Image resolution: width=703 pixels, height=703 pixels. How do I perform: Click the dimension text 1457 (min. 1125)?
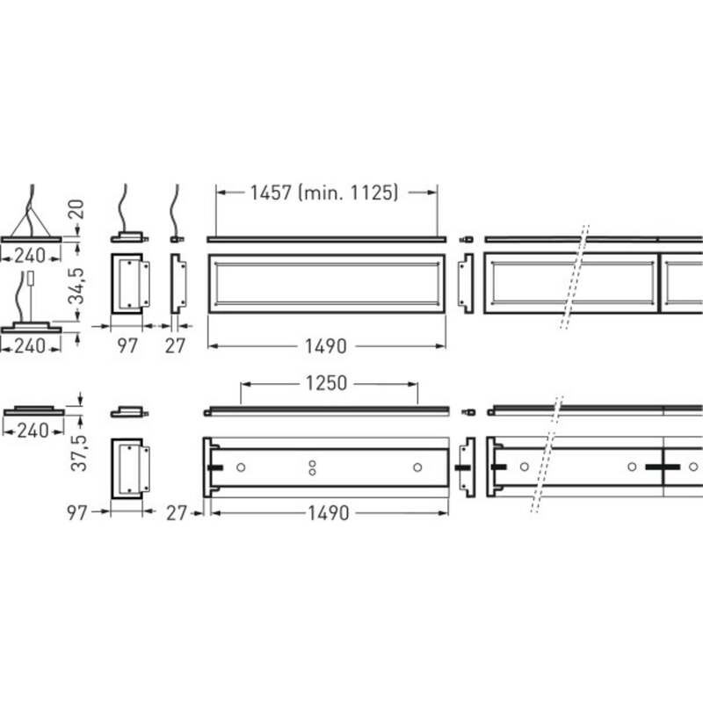click(323, 192)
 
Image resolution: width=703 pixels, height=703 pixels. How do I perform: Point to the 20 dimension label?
click(76, 209)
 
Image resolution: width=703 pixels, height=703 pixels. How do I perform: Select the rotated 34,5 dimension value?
click(76, 286)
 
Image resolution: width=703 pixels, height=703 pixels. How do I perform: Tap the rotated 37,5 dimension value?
click(78, 453)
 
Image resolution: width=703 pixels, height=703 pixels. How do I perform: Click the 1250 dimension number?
click(326, 383)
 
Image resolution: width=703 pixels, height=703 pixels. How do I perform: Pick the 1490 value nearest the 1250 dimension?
click(328, 513)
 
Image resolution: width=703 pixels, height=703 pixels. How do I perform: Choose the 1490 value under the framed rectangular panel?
click(325, 346)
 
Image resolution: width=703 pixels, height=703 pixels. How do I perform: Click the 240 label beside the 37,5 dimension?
click(33, 431)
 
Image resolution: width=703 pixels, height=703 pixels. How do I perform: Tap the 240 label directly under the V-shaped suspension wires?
click(30, 256)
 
